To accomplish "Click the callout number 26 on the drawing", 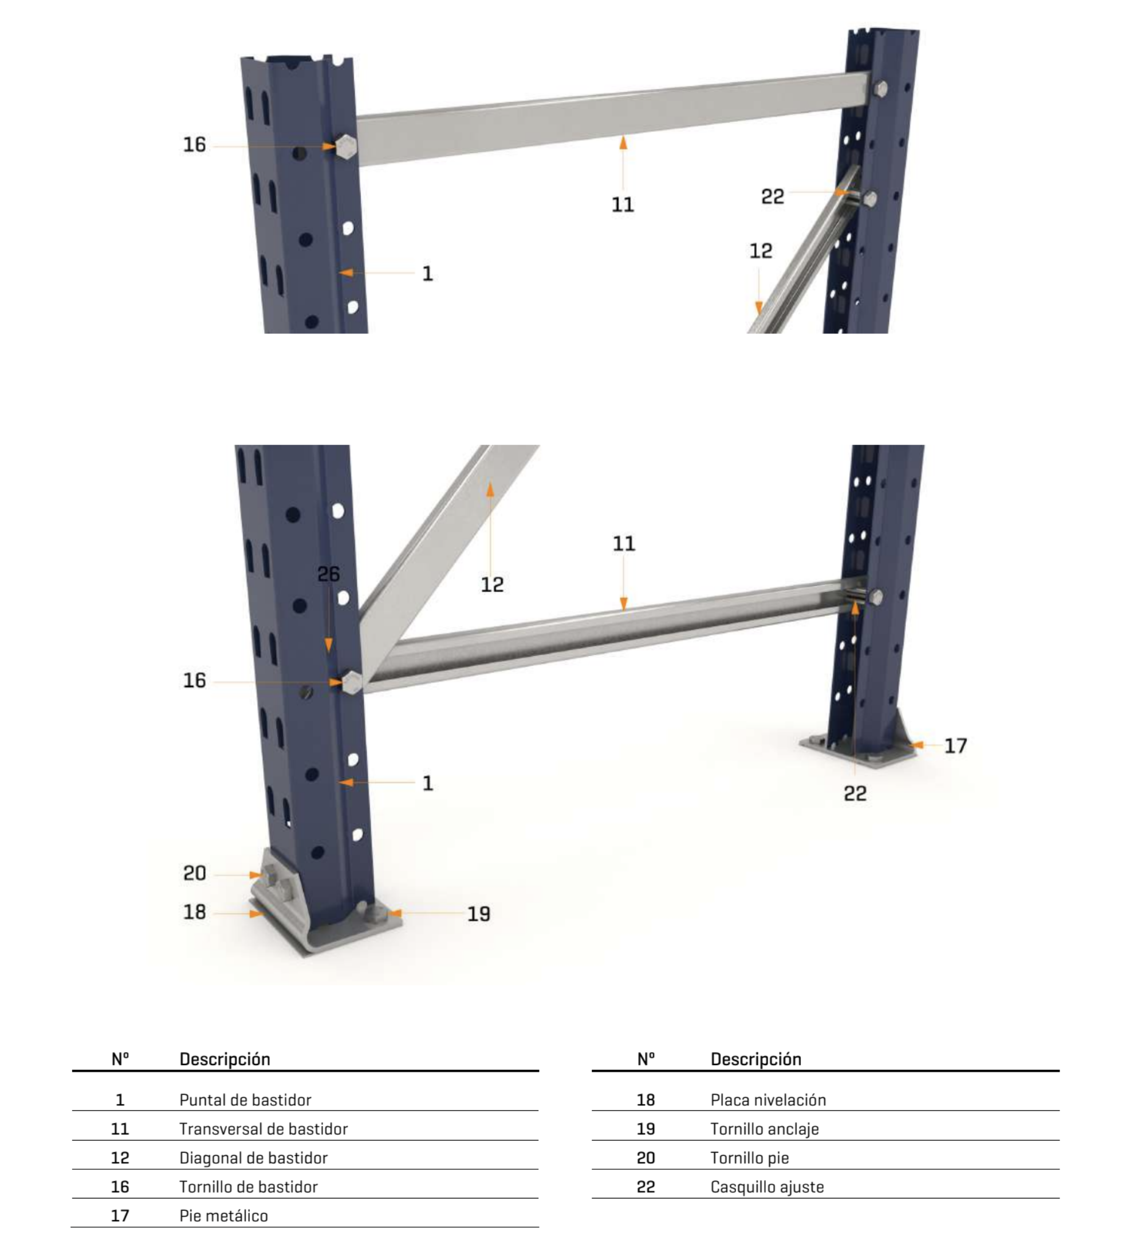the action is pos(328,574).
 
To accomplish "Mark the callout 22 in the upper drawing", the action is pos(772,197).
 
